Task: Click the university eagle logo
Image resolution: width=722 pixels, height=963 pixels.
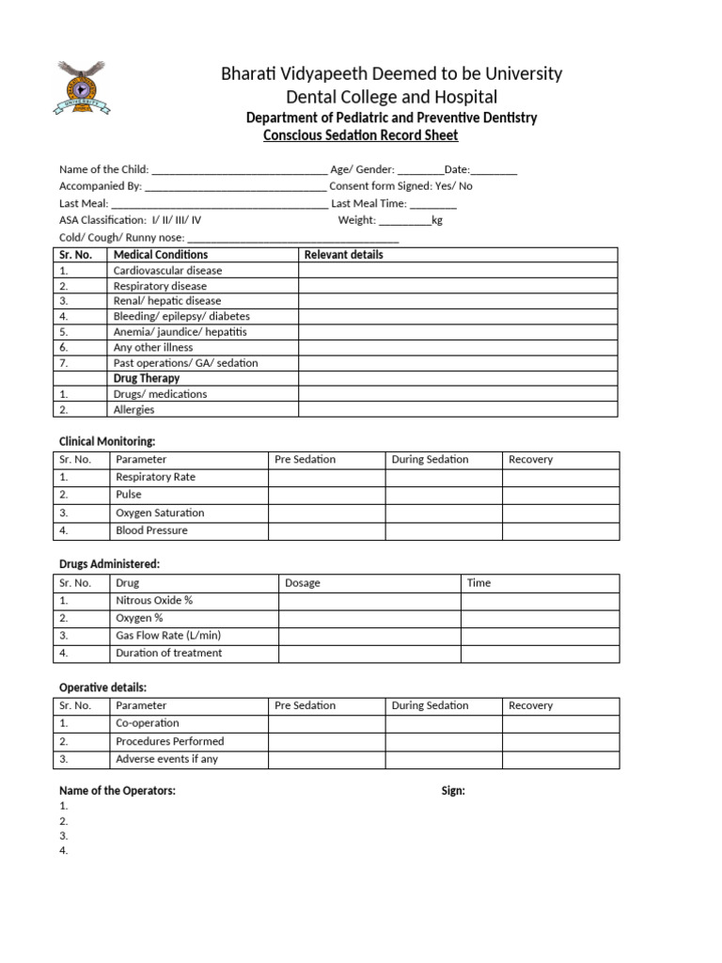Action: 82,87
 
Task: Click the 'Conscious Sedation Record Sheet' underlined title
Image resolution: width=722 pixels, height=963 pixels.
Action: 361,135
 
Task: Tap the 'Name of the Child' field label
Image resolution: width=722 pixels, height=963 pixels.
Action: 103,169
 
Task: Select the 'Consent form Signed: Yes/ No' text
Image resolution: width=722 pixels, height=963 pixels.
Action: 400,186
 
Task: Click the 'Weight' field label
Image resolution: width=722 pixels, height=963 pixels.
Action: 356,220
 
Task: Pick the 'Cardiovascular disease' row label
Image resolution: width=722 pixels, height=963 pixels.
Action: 167,271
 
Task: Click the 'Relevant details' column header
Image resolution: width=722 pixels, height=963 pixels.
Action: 343,255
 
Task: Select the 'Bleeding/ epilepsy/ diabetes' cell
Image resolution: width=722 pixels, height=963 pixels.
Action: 181,317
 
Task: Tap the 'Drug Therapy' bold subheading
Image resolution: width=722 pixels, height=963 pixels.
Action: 146,378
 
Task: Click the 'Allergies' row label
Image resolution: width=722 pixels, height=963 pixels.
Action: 133,410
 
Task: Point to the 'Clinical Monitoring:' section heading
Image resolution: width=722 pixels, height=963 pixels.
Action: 107,441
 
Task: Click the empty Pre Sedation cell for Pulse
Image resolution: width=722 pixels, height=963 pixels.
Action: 326,495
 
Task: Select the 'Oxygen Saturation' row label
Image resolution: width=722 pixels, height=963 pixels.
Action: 159,513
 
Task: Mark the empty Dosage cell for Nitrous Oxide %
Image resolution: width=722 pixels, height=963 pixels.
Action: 369,601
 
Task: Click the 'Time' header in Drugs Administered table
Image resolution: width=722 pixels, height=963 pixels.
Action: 479,583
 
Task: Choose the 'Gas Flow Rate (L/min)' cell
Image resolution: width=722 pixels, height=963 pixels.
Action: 167,636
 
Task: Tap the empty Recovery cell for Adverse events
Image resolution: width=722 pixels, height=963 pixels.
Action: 560,759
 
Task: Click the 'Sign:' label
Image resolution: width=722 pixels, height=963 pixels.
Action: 453,791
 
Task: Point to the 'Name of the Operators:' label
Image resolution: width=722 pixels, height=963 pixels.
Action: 118,791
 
